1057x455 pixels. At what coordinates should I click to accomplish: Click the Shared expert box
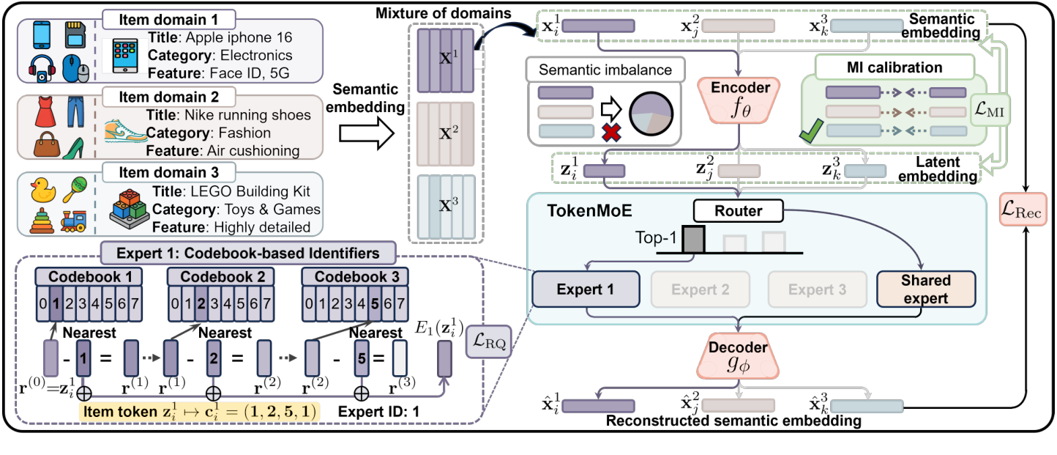pos(925,288)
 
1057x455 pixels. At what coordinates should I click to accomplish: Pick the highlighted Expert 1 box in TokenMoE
pos(585,289)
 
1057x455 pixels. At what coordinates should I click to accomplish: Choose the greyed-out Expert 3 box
pos(817,289)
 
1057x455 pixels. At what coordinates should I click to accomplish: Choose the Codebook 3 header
pos(346,278)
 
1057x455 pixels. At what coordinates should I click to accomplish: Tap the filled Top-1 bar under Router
pos(693,239)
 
